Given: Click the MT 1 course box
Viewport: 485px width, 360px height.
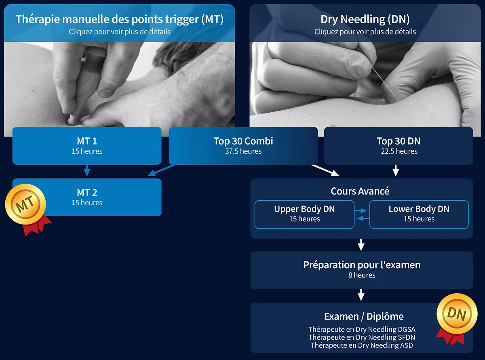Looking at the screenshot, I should (87, 146).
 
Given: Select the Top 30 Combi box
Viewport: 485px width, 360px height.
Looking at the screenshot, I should (243, 146).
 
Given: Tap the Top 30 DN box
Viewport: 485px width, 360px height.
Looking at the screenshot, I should (398, 146).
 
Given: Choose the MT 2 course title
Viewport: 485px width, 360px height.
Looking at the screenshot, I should (87, 193).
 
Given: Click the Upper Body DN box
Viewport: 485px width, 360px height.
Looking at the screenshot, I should (304, 214).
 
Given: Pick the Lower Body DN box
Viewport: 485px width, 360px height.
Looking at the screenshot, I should (419, 214).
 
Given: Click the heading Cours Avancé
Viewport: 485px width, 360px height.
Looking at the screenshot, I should (360, 191).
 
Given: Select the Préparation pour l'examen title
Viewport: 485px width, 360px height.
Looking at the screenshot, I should (362, 265).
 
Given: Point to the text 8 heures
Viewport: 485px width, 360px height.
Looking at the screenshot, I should (362, 275).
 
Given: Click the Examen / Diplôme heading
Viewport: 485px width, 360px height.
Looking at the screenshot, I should (364, 316).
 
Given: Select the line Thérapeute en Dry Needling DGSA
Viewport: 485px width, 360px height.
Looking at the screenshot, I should (362, 330).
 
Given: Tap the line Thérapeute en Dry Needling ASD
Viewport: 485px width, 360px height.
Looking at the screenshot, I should (362, 345).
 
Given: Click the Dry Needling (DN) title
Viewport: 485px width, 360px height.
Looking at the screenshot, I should (365, 19).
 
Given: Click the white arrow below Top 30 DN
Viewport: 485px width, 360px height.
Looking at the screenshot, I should (396, 171).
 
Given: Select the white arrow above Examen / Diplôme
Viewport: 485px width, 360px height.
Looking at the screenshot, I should (361, 295).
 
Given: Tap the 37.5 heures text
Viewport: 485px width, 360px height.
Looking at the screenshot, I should (243, 151).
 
